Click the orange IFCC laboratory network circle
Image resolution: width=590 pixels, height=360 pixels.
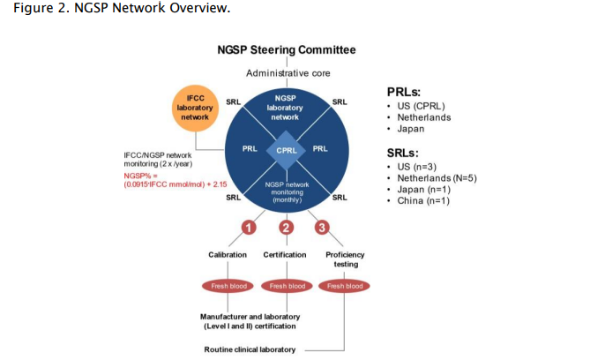pyautogui.click(x=195, y=108)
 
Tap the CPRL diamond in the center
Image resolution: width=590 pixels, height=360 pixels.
pyautogui.click(x=287, y=150)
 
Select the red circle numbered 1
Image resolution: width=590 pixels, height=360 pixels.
pyautogui.click(x=249, y=228)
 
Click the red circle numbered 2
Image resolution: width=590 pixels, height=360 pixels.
pyautogui.click(x=287, y=228)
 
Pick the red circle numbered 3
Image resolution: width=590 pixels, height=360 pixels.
pyautogui.click(x=322, y=228)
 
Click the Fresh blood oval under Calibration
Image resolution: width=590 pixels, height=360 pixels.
pyautogui.click(x=228, y=286)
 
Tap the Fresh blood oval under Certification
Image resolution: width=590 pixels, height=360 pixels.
pyautogui.click(x=287, y=286)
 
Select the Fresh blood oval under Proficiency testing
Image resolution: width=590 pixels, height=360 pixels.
pyautogui.click(x=344, y=286)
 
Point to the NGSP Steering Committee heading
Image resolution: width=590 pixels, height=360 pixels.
pyautogui.click(x=287, y=49)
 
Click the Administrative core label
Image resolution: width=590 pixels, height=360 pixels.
pyautogui.click(x=288, y=73)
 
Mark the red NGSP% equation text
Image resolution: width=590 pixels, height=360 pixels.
pyautogui.click(x=176, y=180)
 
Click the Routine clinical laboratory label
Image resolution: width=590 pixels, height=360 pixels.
pyautogui.click(x=250, y=349)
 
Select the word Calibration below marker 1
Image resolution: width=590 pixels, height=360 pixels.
pyautogui.click(x=228, y=255)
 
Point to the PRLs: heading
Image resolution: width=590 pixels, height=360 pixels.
pyautogui.click(x=404, y=92)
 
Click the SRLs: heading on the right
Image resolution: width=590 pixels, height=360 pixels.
pyautogui.click(x=403, y=153)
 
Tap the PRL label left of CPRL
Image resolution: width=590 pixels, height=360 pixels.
pyautogui.click(x=250, y=149)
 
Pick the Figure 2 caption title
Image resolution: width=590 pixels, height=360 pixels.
pyautogui.click(x=122, y=8)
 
